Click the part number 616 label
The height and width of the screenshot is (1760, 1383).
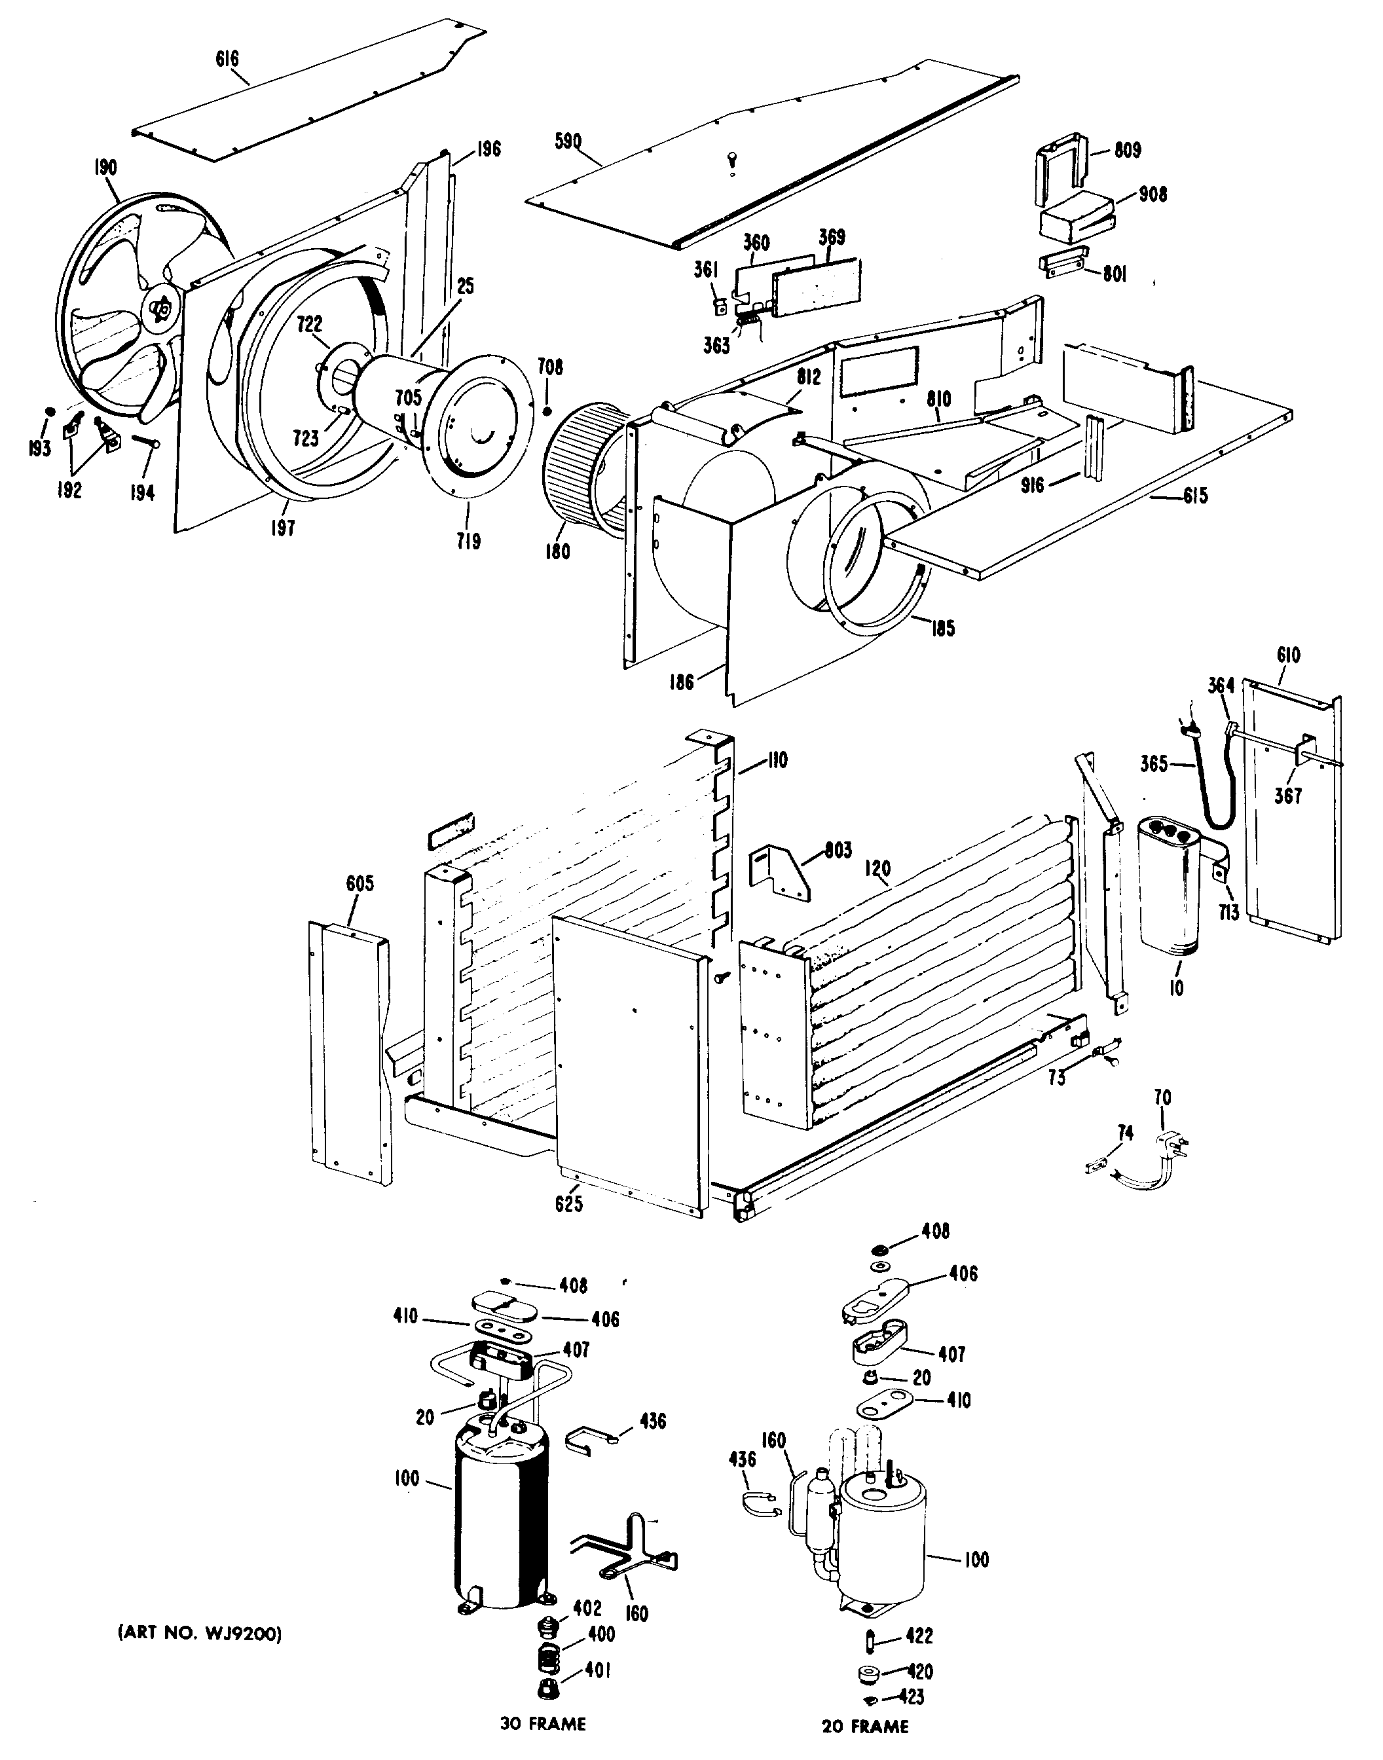(227, 59)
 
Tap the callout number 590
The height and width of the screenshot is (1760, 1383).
(568, 141)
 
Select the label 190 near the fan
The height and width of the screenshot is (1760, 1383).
(105, 168)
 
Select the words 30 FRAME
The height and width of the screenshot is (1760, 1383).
(542, 1723)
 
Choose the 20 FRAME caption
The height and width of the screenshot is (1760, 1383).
(865, 1726)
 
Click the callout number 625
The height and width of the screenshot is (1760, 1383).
(568, 1204)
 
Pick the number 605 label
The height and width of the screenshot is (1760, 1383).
(360, 883)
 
